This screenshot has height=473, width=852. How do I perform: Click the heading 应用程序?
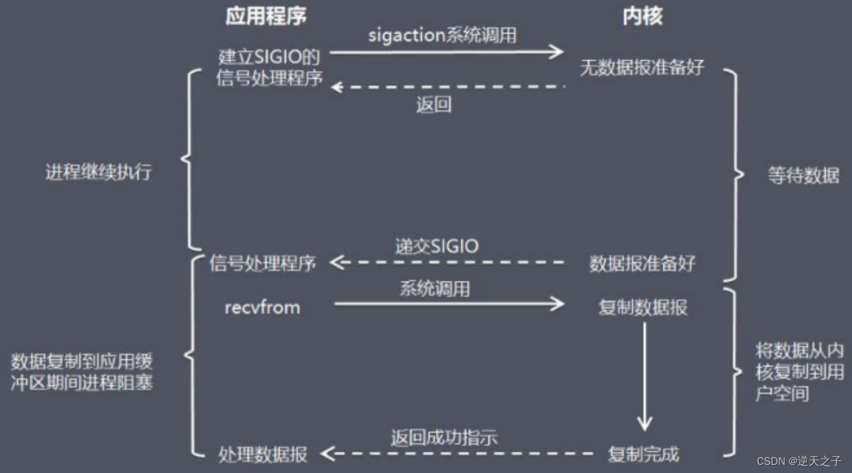(x=266, y=17)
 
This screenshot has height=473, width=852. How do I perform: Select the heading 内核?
(x=643, y=17)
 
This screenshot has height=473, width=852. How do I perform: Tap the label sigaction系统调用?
(x=442, y=35)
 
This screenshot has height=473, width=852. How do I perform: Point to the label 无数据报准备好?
(x=642, y=68)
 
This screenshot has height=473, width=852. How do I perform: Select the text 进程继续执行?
(x=98, y=172)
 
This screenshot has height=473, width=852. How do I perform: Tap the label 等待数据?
(x=804, y=175)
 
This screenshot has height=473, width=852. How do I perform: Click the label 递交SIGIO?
(x=437, y=246)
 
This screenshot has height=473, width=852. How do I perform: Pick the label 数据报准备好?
(x=642, y=263)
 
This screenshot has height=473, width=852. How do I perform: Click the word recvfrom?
(x=262, y=307)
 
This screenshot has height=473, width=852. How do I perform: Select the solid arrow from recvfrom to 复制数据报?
(x=449, y=304)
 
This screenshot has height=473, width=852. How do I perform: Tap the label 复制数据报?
(x=643, y=307)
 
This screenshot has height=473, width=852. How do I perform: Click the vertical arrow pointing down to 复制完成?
(x=644, y=376)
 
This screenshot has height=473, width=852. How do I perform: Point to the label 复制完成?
(x=643, y=454)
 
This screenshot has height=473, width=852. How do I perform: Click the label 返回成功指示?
(x=444, y=438)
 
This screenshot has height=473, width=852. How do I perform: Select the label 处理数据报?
(x=263, y=454)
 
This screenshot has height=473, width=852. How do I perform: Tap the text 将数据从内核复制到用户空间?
(x=799, y=372)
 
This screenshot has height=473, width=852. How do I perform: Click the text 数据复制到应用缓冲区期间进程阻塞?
(x=82, y=372)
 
